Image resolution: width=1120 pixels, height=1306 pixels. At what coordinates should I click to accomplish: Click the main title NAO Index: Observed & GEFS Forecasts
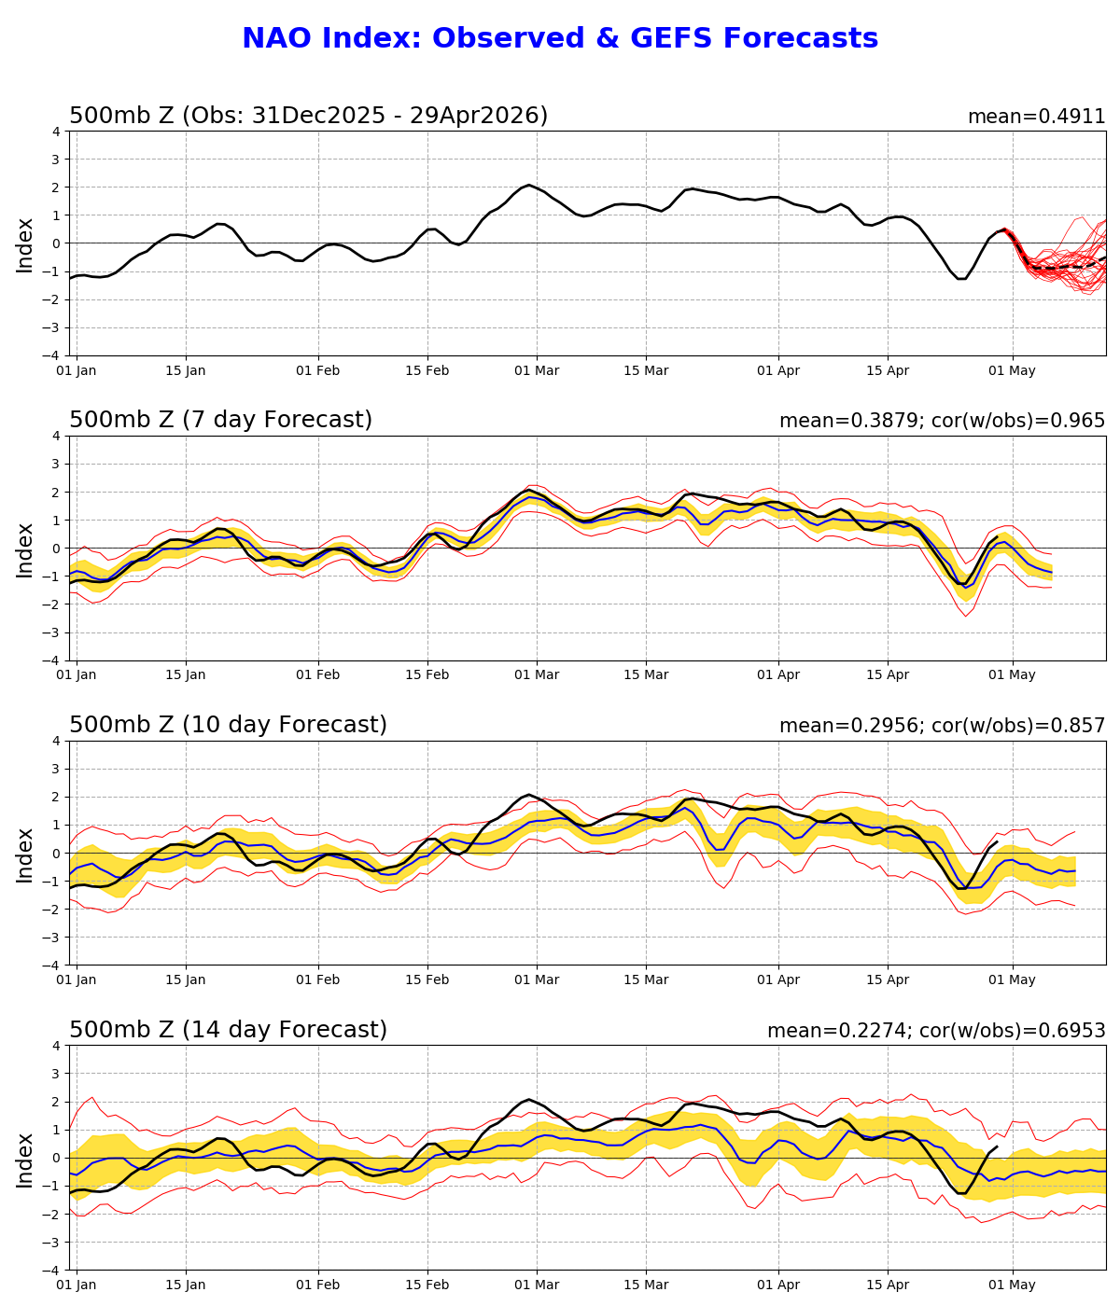[x=560, y=38]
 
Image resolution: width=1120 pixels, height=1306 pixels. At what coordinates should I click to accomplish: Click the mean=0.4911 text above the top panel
[x=1036, y=117]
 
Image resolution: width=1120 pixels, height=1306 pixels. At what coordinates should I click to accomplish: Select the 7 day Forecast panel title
[x=220, y=420]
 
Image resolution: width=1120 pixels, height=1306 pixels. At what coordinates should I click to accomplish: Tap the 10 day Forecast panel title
[x=228, y=725]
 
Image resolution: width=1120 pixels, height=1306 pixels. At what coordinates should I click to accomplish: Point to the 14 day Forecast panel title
[x=228, y=1030]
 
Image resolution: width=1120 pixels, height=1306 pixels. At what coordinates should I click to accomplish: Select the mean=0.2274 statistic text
[x=836, y=1031]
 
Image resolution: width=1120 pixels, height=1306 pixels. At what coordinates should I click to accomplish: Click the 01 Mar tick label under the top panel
[x=537, y=369]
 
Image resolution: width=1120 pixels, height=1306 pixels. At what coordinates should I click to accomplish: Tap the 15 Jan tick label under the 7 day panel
[x=186, y=674]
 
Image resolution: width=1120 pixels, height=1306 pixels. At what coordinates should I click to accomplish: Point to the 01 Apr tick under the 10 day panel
[x=778, y=979]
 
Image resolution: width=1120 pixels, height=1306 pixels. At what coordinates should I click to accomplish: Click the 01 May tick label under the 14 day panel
[x=1012, y=1285]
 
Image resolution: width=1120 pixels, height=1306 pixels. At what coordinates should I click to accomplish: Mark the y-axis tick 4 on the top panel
[x=56, y=132]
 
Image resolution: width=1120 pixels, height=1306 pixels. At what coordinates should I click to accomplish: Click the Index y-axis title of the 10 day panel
[x=25, y=854]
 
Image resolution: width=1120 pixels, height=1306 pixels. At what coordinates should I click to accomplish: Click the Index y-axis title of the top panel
[x=25, y=244]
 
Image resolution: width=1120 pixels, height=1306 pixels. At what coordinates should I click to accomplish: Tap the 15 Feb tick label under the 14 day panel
[x=427, y=1285]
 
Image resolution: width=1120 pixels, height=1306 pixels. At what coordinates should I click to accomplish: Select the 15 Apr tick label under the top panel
[x=888, y=369]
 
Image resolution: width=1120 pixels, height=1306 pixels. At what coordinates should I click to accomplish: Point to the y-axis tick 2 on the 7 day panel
[x=56, y=493]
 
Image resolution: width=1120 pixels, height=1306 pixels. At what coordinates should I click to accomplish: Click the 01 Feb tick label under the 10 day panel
[x=318, y=979]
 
